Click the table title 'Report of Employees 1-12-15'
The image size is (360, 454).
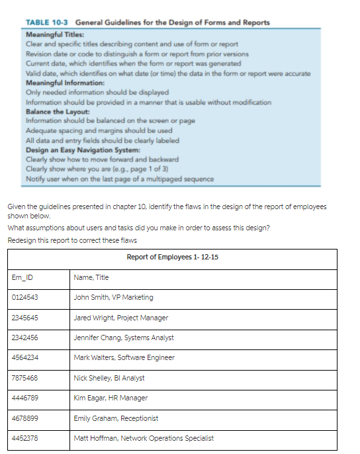171,257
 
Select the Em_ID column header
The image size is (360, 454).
22,277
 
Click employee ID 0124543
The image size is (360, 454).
25,297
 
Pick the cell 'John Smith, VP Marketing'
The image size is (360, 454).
113,297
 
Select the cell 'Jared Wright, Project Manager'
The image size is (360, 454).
120,318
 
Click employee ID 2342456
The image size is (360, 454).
25,338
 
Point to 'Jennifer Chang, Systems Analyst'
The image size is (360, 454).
124,338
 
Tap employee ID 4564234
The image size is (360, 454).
25,357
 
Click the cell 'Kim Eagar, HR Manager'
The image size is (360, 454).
111,398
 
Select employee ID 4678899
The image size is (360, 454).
25,418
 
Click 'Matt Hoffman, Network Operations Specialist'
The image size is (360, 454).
144,438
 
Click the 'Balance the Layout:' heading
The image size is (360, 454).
57,112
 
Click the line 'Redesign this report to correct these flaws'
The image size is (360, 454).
73,239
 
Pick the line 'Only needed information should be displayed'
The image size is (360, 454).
97,93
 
